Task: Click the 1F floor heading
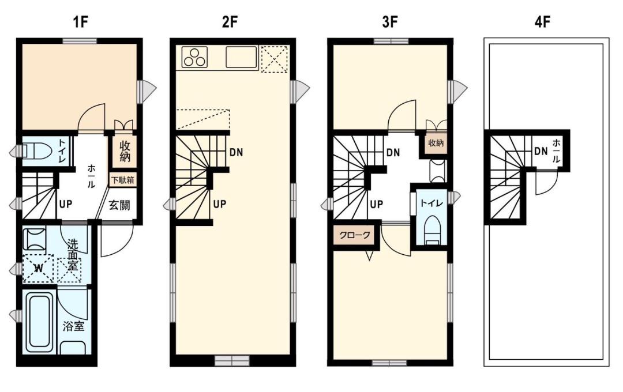pyautogui.click(x=80, y=22)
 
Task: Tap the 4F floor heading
pyautogui.click(x=542, y=22)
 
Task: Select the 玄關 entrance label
pyautogui.click(x=119, y=206)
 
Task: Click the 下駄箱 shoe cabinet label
pyautogui.click(x=122, y=180)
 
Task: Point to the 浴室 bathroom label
pyautogui.click(x=73, y=326)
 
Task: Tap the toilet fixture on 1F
pyautogui.click(x=36, y=151)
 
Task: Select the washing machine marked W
pyautogui.click(x=38, y=268)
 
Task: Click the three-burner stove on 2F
pyautogui.click(x=195, y=57)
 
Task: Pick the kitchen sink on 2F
pyautogui.click(x=241, y=57)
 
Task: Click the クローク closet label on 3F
pyautogui.click(x=354, y=235)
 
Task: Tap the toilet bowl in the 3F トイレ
pyautogui.click(x=433, y=231)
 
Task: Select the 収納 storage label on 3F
pyautogui.click(x=436, y=142)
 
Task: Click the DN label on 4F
pyautogui.click(x=541, y=151)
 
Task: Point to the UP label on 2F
pyautogui.click(x=220, y=204)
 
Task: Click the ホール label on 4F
pyautogui.click(x=556, y=151)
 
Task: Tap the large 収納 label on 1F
pyautogui.click(x=125, y=151)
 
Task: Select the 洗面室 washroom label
pyautogui.click(x=73, y=254)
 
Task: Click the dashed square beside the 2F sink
pyautogui.click(x=274, y=59)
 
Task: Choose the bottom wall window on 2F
pyautogui.click(x=232, y=361)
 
